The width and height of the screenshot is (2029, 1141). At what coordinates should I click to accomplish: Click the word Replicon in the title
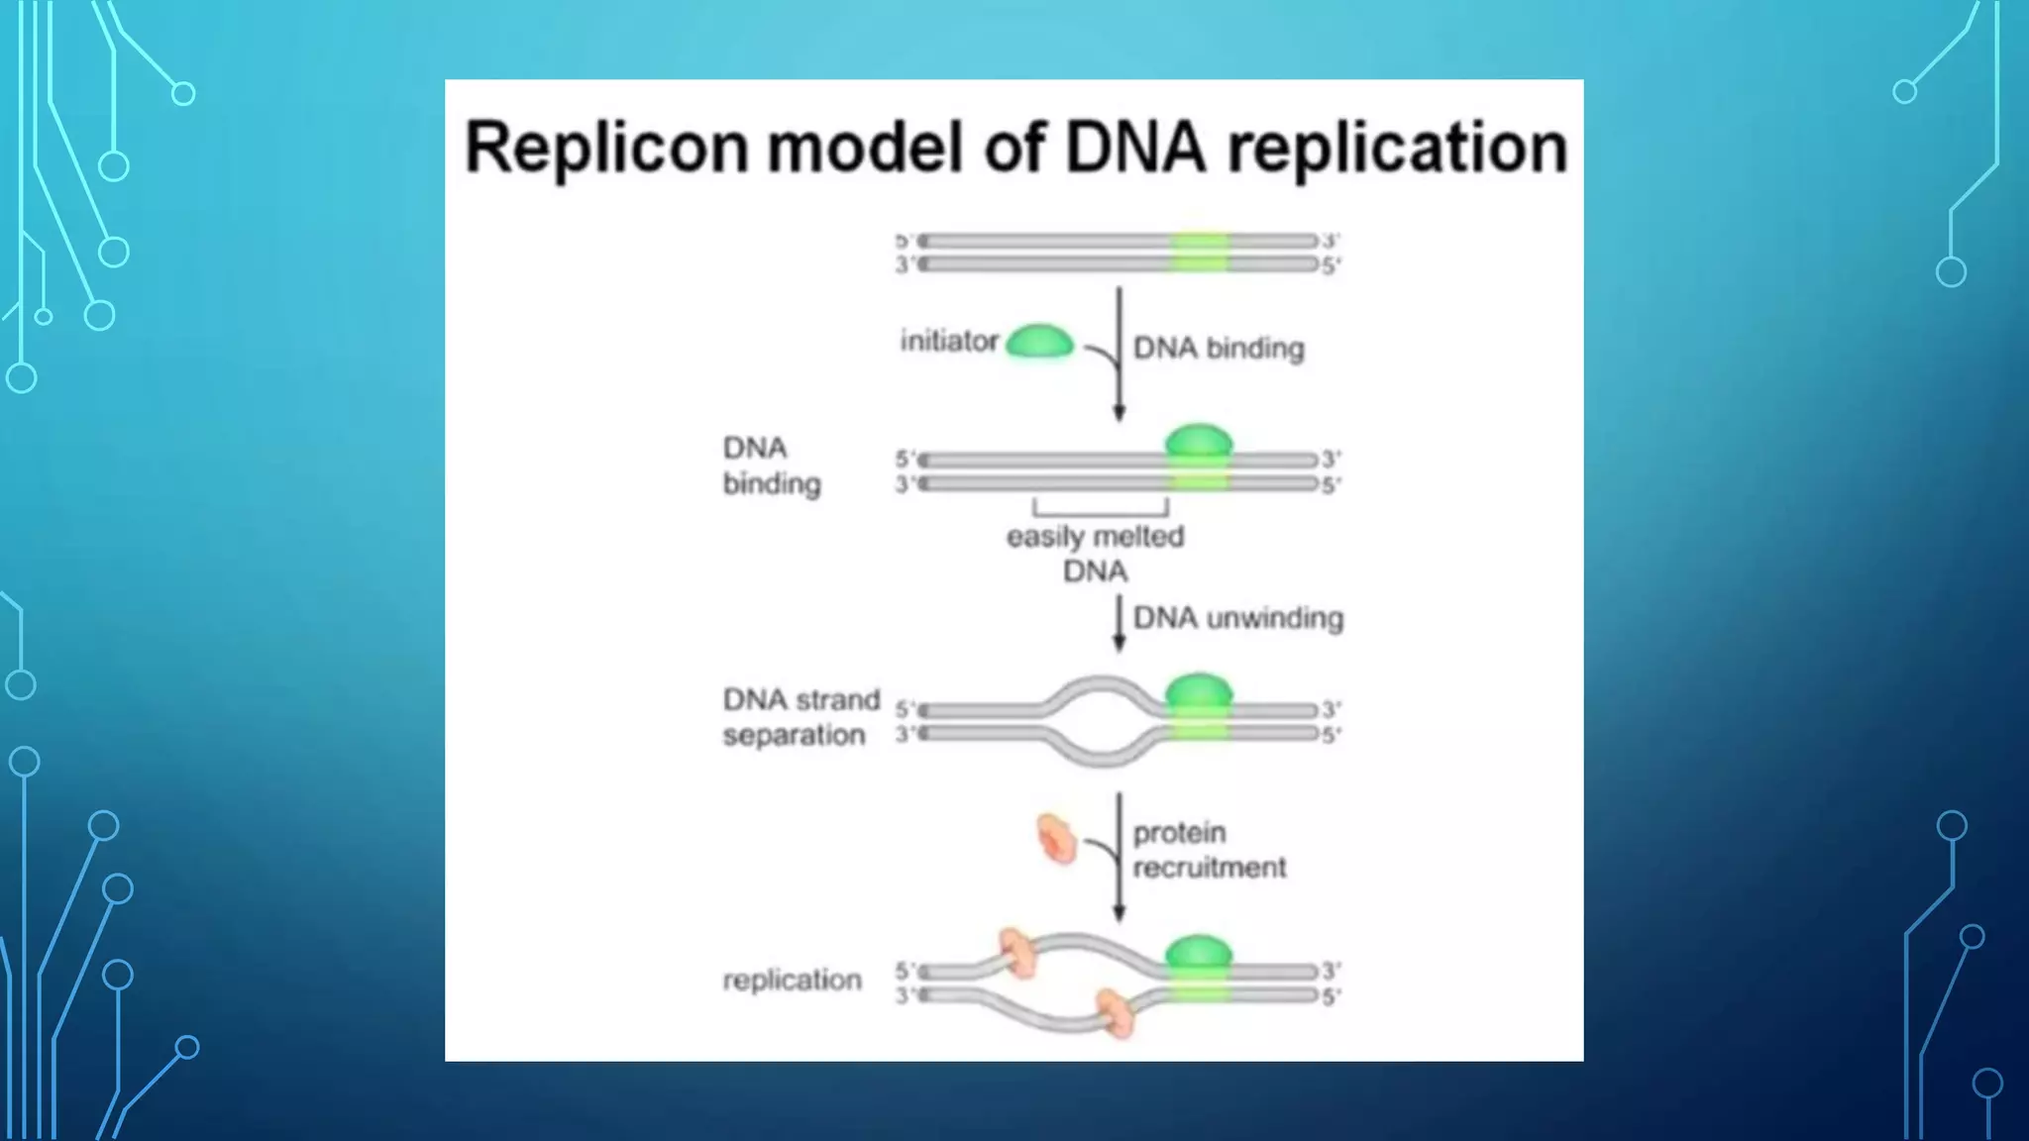(606, 147)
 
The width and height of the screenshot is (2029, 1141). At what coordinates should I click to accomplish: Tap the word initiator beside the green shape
(948, 342)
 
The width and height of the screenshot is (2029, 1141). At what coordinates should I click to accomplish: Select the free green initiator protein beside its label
(1039, 343)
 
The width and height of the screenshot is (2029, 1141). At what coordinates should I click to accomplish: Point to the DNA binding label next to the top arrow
(1219, 349)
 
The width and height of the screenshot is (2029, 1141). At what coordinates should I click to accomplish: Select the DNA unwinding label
(1237, 618)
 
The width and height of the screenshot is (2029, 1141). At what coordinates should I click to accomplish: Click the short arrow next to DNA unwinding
(1120, 624)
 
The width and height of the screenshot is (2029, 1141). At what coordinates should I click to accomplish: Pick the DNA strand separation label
(801, 717)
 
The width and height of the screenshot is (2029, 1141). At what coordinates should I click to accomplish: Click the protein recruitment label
(1209, 850)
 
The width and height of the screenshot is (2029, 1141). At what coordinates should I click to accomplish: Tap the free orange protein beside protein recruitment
(1056, 839)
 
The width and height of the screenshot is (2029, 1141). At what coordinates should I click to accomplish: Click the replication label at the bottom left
(792, 980)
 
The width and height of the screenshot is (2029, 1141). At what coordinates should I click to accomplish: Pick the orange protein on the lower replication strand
(1116, 1012)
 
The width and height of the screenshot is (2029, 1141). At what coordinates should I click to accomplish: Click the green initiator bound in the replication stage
(1199, 954)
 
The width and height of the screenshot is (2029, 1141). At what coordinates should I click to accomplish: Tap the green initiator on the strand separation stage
(1199, 691)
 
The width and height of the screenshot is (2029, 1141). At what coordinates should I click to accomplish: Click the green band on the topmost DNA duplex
(1199, 253)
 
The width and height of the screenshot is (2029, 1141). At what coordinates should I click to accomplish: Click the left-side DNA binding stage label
(771, 466)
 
